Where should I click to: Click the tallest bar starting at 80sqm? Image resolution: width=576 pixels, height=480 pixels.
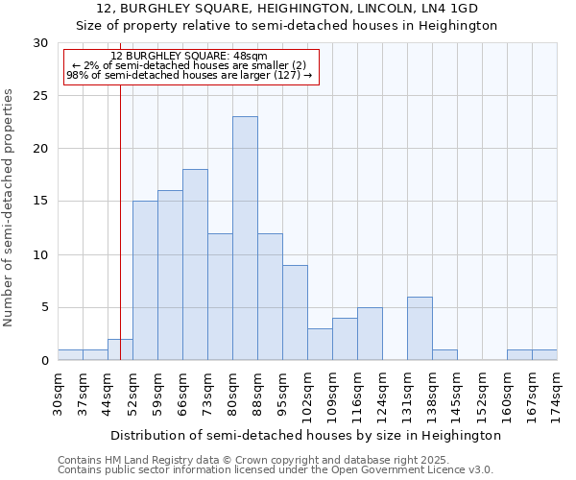(245, 238)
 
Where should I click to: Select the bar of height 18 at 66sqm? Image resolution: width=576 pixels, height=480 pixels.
(195, 265)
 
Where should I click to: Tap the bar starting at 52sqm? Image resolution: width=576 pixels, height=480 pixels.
(145, 280)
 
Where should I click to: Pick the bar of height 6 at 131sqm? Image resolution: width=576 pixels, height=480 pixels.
(420, 328)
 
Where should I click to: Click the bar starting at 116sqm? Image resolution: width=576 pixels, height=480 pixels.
(370, 333)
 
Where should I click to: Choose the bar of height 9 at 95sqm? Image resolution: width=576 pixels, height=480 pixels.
(295, 312)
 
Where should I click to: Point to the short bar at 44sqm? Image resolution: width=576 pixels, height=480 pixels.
(120, 349)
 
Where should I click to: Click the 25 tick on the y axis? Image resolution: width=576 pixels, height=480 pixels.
(40, 96)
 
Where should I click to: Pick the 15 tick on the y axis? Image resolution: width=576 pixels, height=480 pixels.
(40, 202)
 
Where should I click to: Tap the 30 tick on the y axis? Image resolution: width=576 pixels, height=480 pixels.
(40, 43)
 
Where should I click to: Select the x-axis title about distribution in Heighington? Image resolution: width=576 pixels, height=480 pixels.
(306, 435)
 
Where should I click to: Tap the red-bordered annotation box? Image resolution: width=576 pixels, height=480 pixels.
(190, 66)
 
